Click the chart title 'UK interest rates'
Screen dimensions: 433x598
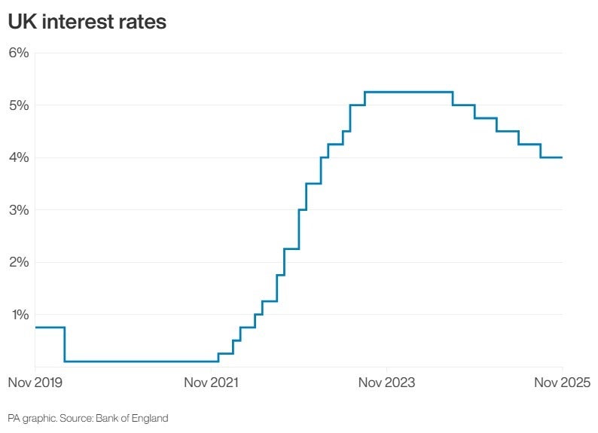point(87,22)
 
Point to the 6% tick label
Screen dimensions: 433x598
point(18,53)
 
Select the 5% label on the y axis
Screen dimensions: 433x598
point(18,105)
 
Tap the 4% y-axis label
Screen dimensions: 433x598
point(18,157)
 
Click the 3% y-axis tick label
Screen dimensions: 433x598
point(18,209)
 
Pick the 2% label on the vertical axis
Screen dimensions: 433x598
point(18,262)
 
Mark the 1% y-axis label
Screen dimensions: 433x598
point(18,314)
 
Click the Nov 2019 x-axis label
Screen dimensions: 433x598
point(35,383)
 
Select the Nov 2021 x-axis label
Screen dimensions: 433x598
point(212,383)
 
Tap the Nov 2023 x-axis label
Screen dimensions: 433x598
point(386,383)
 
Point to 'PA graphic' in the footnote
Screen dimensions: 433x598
point(31,418)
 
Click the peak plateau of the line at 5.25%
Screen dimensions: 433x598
point(408,92)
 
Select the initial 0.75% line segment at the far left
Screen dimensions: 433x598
point(50,328)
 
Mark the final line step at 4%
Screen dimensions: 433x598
point(551,157)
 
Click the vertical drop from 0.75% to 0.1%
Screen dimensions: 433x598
point(65,344)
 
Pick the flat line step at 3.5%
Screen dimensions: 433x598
point(313,183)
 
